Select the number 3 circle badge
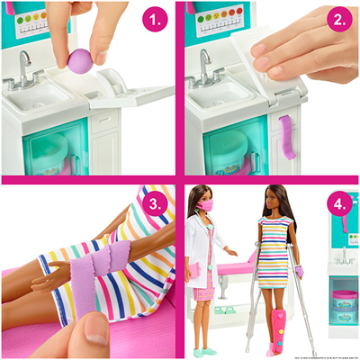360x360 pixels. [x=156, y=204]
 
